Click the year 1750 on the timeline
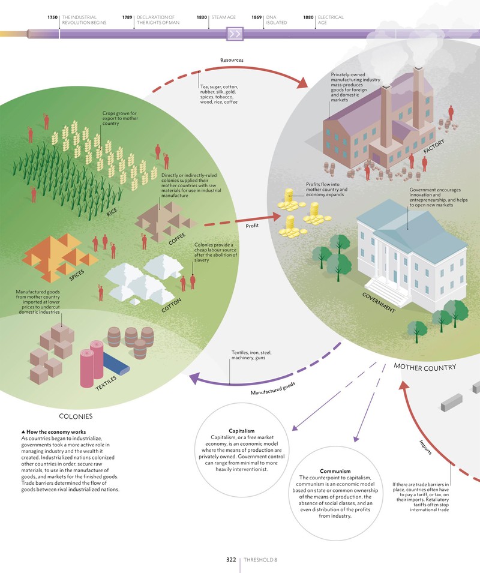53,17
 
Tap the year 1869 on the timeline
256,17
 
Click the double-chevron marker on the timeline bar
235,34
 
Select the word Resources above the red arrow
232,60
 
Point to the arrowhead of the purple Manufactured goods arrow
195,379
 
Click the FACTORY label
434,146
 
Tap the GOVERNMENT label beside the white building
379,302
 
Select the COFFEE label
177,239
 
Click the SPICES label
77,275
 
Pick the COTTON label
172,305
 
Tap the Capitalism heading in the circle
241,431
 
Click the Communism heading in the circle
335,471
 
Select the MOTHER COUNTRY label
425,367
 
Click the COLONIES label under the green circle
76,416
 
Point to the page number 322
231,559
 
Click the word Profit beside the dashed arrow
252,226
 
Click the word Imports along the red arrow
425,447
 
